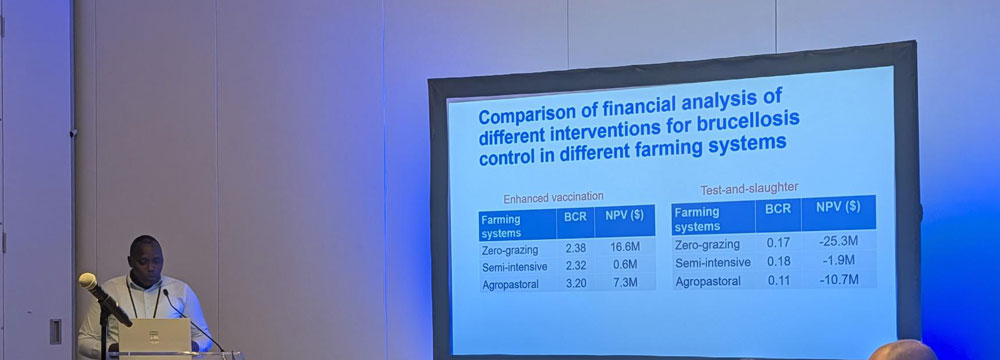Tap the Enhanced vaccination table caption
553,197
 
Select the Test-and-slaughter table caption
749,188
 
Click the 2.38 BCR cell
575,248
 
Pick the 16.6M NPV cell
624,247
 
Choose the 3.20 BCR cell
576,283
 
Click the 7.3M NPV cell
625,281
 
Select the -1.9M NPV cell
839,261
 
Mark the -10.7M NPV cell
839,280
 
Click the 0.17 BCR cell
777,244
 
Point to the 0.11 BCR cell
777,280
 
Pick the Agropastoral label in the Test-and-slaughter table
708,281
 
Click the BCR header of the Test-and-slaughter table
778,209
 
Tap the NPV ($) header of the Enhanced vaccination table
625,215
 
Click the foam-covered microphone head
88,281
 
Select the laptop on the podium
155,335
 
